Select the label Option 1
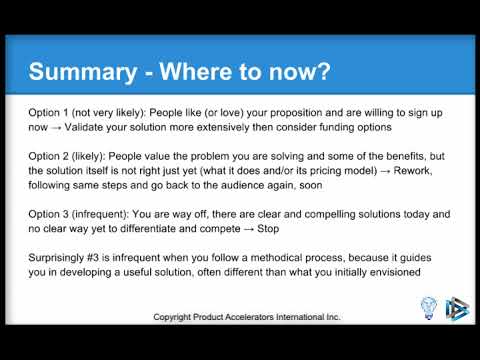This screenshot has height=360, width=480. tap(50, 112)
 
